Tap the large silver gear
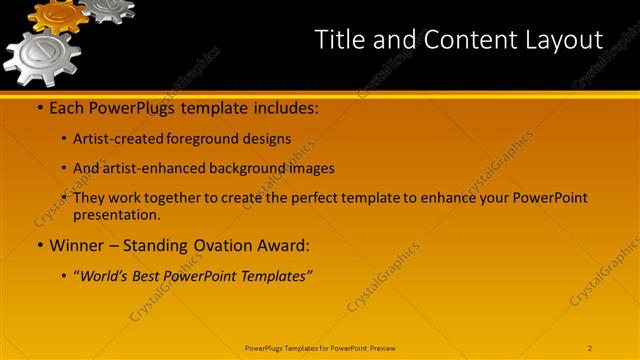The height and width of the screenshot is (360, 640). click(42, 56)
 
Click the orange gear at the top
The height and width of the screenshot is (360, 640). click(58, 15)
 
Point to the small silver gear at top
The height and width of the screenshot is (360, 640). click(107, 8)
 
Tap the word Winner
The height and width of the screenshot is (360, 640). click(79, 244)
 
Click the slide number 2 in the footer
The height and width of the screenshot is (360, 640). click(590, 348)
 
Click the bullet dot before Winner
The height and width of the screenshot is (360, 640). click(40, 245)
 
